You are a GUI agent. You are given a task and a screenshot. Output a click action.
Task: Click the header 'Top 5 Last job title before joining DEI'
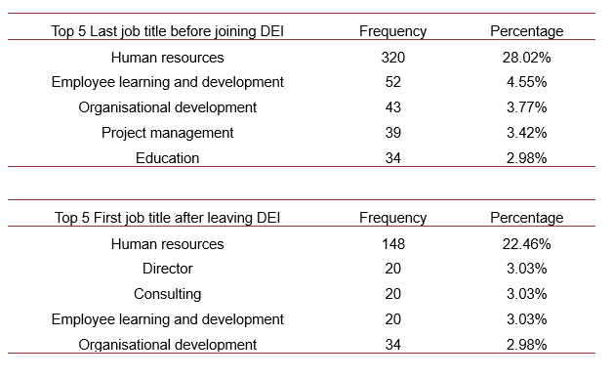point(167,31)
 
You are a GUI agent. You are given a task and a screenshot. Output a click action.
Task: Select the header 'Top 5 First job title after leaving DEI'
point(167,218)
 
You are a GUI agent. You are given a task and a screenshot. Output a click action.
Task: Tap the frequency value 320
point(392,58)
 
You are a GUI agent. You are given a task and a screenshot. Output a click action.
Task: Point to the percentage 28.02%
point(526,58)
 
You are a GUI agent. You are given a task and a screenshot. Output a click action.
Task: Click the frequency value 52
point(392,82)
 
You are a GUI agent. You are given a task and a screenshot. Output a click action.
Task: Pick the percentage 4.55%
point(526,82)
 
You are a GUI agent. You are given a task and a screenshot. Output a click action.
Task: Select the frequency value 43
point(392,107)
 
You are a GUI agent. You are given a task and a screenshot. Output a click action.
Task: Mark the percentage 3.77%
point(526,107)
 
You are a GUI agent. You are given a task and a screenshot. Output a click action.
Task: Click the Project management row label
point(167,133)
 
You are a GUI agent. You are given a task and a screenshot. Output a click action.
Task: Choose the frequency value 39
point(392,133)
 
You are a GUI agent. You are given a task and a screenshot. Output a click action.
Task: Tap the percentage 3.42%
point(526,133)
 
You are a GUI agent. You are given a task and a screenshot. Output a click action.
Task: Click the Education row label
point(167,158)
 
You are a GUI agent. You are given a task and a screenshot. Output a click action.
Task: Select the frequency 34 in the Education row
point(392,158)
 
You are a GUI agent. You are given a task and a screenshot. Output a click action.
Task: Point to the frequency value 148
point(392,244)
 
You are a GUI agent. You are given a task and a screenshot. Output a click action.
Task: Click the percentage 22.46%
point(526,244)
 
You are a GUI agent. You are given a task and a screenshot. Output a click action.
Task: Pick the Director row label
point(167,269)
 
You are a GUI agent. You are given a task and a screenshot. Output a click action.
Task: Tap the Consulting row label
point(167,294)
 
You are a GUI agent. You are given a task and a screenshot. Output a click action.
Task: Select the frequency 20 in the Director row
point(392,269)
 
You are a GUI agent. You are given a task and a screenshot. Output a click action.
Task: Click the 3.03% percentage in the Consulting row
point(526,294)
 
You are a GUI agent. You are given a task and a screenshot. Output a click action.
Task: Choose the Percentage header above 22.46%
point(526,218)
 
